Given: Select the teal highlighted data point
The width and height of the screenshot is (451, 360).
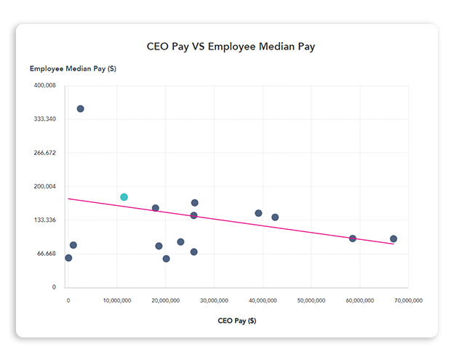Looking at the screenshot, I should [124, 197].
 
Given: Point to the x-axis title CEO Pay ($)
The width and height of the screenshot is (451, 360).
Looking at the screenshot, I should [236, 320].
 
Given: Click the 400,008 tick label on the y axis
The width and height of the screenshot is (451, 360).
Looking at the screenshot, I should [44, 85].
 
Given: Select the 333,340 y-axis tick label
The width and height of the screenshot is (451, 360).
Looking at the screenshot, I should [44, 119].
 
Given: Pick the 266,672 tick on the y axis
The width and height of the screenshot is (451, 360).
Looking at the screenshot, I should [44, 153].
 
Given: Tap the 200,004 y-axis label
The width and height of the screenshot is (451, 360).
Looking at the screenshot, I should [44, 186].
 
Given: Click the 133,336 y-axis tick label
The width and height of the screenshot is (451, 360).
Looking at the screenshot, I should [44, 220].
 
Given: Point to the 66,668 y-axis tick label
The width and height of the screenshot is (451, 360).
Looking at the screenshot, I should [46, 253].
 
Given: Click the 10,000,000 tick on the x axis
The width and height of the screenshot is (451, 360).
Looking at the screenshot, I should [116, 300].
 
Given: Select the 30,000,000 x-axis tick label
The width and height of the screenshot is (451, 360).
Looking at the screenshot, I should [214, 300].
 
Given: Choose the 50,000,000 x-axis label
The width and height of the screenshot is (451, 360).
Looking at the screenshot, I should [311, 300].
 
